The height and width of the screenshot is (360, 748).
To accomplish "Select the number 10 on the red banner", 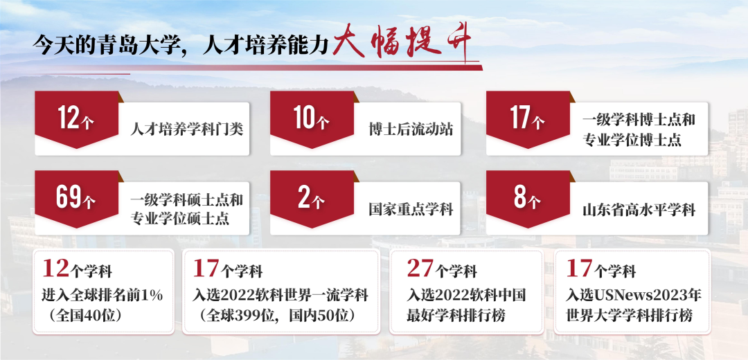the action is pos(305,117).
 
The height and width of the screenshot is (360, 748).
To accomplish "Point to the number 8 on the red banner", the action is pos(520,197).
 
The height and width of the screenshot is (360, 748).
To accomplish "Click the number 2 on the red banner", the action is pos(304,197).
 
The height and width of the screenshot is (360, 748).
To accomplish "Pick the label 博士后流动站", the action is pos(411,129).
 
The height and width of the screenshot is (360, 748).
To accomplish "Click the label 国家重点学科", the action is pos(411,208).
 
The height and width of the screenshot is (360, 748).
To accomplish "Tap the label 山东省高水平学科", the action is pos(639,209).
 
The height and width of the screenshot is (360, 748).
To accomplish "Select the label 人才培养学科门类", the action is pos(187,129).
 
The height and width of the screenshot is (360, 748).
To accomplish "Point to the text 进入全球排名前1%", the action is pos(103,295).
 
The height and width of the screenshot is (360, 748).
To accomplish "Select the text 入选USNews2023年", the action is pos(634,295).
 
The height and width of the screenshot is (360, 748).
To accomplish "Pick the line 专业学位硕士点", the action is pos(180,218).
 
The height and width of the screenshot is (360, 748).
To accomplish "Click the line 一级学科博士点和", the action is pos(639,119).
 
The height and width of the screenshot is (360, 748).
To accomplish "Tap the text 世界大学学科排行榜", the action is pos(629,316).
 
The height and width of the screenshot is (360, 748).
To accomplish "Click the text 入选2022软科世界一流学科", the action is pos(280,295).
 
